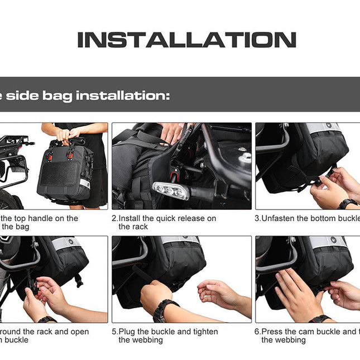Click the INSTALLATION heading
pos(186,40)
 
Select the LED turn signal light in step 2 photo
pos(170,190)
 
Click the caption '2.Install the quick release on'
pos(164,218)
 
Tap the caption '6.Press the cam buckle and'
pos(306,332)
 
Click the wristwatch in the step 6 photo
pos(319,319)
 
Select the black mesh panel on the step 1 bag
pos(58,174)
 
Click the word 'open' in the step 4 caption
pos(79,332)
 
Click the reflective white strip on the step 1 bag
pos(84,184)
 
